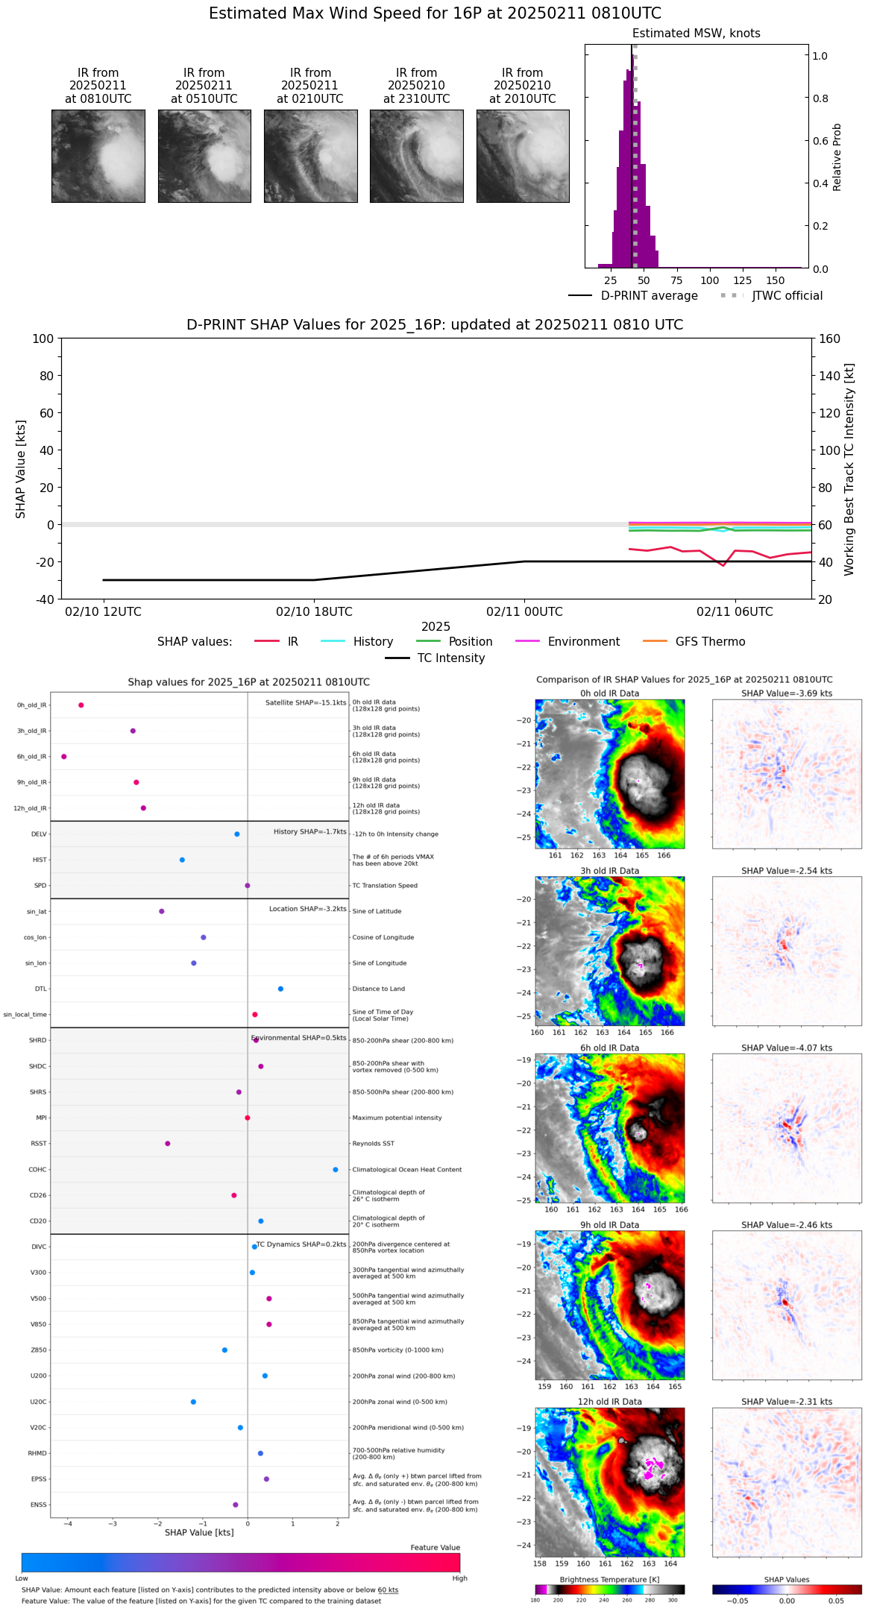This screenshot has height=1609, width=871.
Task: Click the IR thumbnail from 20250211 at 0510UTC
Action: coord(204,156)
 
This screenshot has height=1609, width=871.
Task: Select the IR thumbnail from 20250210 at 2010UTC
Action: coord(523,156)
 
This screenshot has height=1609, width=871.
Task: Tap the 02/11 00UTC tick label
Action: coord(524,612)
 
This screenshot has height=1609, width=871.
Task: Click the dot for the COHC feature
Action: coord(336,1170)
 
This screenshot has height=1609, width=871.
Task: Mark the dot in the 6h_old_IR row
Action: coord(64,757)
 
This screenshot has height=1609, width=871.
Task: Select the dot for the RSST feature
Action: coord(168,1144)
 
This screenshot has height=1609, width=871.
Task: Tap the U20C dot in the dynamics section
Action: coord(193,1402)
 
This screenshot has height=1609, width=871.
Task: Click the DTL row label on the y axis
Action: coord(40,989)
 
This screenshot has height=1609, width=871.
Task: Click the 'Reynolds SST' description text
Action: coord(373,1144)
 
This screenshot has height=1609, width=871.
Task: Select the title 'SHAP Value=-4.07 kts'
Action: coord(787,1048)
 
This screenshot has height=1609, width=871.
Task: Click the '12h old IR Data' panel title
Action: coord(609,1402)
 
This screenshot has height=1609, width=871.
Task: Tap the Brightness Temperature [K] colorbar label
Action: coord(609,1580)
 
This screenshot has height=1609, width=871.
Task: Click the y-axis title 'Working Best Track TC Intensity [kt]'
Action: coord(849,470)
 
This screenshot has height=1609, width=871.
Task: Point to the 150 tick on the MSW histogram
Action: coord(776,281)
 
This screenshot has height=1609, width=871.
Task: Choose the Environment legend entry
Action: coord(583,642)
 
